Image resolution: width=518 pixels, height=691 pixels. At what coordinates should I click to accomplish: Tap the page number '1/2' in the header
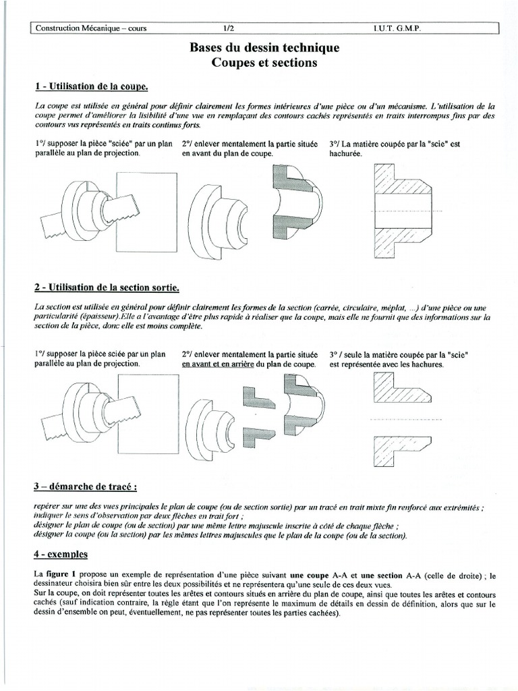pyautogui.click(x=230, y=28)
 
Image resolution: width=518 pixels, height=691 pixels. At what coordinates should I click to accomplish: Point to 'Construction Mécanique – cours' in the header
pyautogui.click(x=90, y=28)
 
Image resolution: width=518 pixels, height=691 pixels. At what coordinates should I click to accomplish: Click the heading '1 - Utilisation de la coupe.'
pyautogui.click(x=91, y=87)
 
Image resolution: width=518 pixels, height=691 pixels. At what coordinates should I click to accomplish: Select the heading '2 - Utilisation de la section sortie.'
pyautogui.click(x=107, y=288)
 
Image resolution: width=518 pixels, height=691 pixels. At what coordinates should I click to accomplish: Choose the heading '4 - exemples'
pyautogui.click(x=61, y=555)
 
